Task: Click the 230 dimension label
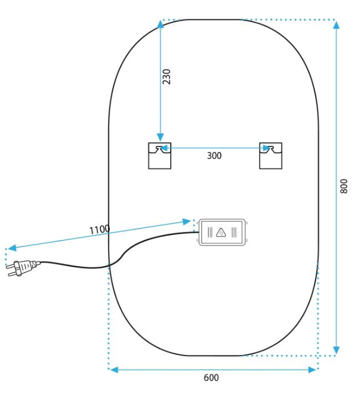tap(166, 77)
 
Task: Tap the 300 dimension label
tap(214, 155)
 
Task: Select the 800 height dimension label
tap(344, 186)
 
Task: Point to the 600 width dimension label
tap(211, 378)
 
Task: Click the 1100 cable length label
tap(99, 229)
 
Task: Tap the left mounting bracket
tap(160, 156)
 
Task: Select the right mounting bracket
tap(271, 156)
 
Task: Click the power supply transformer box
tap(222, 232)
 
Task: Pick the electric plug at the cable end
tap(23, 268)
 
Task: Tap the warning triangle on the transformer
tap(221, 232)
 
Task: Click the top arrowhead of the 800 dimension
tap(337, 25)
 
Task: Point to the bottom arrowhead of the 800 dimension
tap(337, 350)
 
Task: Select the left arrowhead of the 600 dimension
tap(114, 369)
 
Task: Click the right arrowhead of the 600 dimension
tap(312, 369)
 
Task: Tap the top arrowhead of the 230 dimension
tap(160, 24)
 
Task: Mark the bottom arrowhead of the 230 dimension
tap(160, 138)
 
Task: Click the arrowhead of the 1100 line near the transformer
tap(187, 221)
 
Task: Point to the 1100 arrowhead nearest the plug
tap(12, 248)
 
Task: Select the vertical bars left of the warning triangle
tap(210, 232)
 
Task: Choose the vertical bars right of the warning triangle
tap(234, 232)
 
